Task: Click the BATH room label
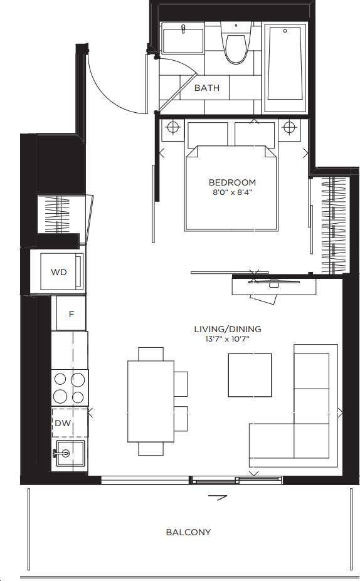pos(207,88)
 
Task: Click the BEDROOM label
pos(232,182)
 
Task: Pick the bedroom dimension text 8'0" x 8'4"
pos(233,192)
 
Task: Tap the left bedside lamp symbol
pos(172,127)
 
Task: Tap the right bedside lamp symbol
pos(289,127)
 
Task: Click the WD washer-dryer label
pos(58,272)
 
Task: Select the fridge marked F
pos(71,313)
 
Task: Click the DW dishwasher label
pos(63,423)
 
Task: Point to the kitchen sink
pos(70,454)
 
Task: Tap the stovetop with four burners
pos(70,388)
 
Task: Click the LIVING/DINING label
pos(228,328)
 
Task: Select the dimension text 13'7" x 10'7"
pos(228,338)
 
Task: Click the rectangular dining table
pos(151,401)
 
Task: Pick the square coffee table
pos(250,375)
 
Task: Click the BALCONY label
pos(188,532)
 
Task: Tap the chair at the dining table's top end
pos(151,354)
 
